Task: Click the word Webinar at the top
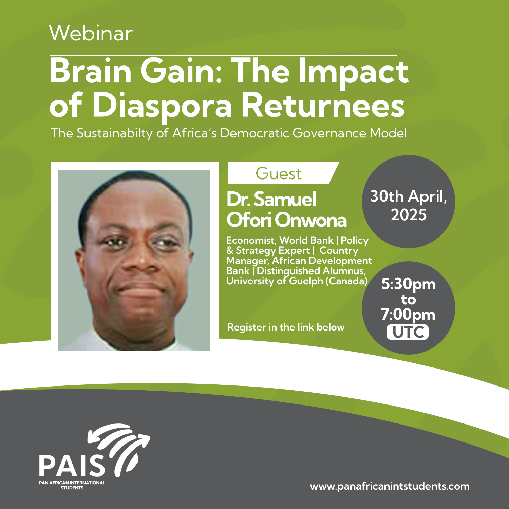91,33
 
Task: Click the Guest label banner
283,173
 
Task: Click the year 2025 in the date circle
409,215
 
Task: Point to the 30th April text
409,196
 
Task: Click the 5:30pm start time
408,284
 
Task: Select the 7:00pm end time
408,315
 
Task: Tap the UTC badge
408,332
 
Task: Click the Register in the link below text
286,327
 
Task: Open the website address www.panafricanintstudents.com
390,486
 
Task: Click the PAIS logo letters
72,466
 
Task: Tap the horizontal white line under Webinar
223,55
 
